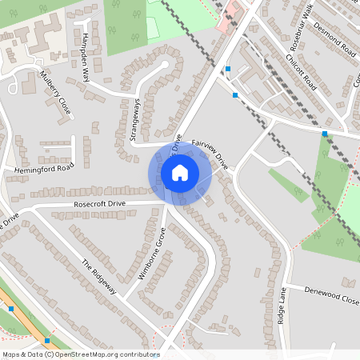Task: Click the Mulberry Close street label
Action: [56, 93]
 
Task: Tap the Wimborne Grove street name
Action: [151, 253]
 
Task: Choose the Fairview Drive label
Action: [210, 154]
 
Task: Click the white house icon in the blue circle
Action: [180, 172]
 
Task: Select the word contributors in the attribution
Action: [141, 354]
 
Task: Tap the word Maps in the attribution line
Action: [11, 354]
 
